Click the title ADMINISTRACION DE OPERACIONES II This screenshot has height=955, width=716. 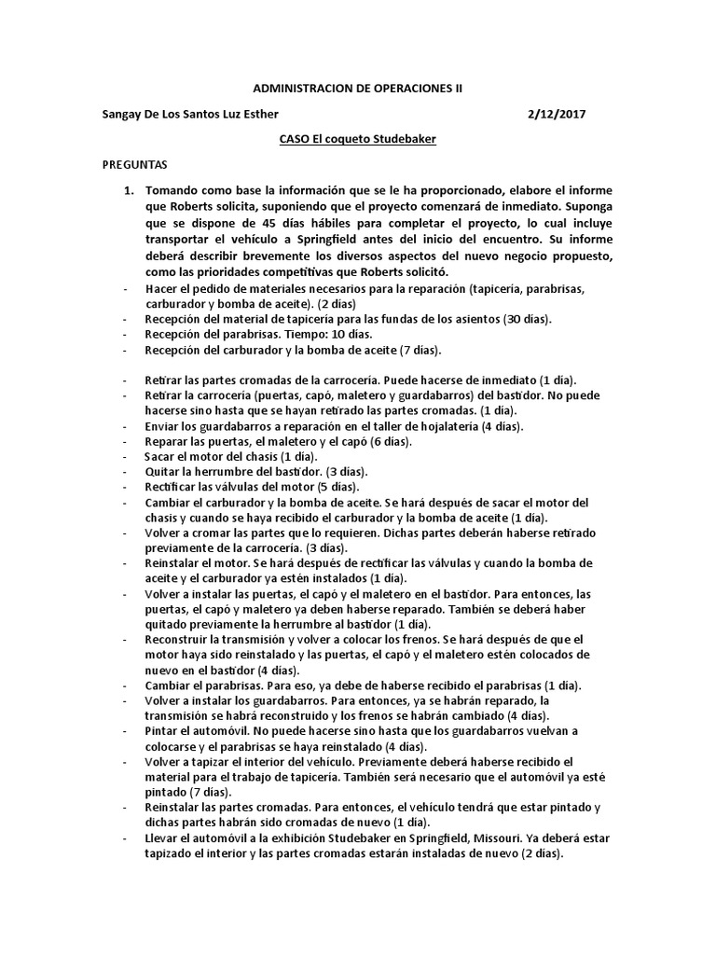click(358, 89)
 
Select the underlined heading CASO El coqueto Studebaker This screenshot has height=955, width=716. click(358, 139)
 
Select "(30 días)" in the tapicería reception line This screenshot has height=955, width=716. click(527, 319)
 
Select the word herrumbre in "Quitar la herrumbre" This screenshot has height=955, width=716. click(220, 472)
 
